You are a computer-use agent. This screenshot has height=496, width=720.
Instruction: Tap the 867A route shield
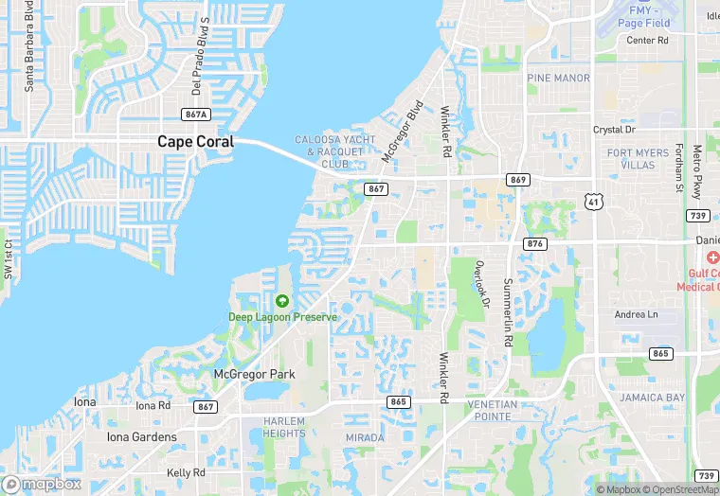(x=195, y=115)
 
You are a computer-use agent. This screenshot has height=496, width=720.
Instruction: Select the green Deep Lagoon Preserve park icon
(x=281, y=301)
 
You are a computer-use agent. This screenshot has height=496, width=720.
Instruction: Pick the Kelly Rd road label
(x=186, y=472)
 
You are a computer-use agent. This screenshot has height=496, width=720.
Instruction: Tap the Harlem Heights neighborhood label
(x=284, y=427)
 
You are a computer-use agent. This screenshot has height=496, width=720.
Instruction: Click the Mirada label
(x=366, y=438)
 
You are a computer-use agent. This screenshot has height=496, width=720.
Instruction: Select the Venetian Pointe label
(x=494, y=410)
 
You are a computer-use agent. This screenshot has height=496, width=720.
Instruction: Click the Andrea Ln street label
(x=636, y=314)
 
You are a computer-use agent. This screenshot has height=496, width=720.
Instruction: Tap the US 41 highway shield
(x=593, y=202)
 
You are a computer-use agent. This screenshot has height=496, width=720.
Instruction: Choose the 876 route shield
(x=534, y=243)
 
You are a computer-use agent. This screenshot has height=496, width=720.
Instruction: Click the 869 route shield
(x=517, y=180)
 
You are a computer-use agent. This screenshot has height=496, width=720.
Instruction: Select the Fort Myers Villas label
(x=631, y=159)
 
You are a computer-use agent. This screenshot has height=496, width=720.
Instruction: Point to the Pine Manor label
(x=558, y=78)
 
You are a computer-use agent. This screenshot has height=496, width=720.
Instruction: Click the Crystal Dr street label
(x=614, y=129)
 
